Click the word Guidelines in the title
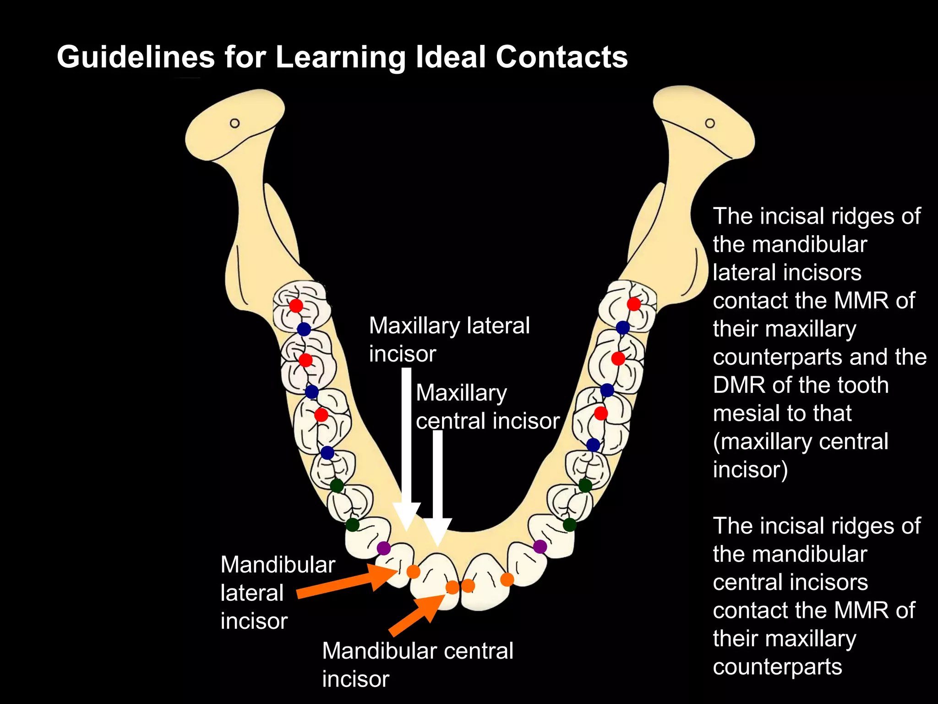pos(136,57)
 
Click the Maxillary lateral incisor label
pos(449,340)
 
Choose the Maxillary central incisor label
pos(487,407)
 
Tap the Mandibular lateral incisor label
pos(278,593)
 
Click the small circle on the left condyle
pos(234,123)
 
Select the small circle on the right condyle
pos(710,123)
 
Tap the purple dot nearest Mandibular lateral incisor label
pos(384,548)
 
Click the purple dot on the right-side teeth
pos(540,546)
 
